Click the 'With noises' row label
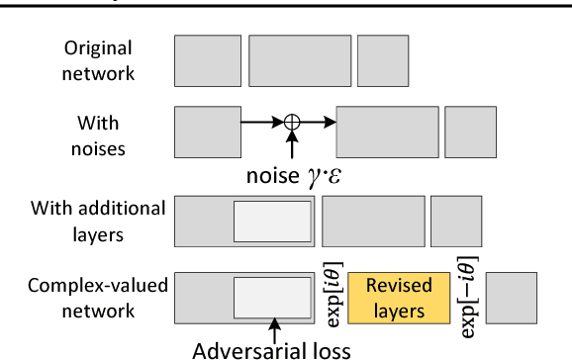pos(99,135)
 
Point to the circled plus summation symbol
pos(291,122)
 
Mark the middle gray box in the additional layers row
pos(373,220)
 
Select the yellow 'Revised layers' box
pos(399,298)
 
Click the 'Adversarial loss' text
pos(273,349)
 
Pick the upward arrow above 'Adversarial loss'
pos(273,328)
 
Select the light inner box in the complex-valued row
pos(272,298)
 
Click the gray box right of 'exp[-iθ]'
pos(512,297)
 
